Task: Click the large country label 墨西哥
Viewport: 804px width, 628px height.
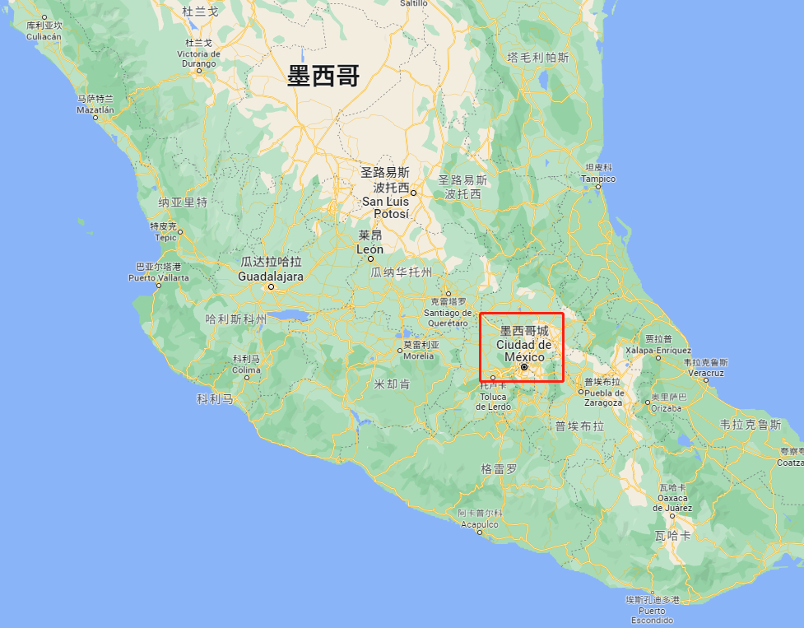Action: coord(323,77)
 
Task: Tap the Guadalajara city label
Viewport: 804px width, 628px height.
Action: coord(271,277)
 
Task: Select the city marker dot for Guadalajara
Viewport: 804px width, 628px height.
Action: coord(270,287)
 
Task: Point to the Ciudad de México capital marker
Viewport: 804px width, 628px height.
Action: coord(523,368)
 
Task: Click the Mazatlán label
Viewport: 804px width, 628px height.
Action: coord(95,109)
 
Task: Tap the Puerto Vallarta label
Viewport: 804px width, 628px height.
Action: coord(158,277)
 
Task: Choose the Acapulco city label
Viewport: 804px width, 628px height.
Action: coord(479,523)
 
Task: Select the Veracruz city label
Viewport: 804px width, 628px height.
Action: coord(705,372)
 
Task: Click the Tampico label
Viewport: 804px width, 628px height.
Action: coord(597,178)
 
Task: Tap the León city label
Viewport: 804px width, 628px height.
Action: coord(369,249)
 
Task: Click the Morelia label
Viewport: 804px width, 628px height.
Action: coord(419,356)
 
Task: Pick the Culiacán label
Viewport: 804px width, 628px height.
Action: coord(44,36)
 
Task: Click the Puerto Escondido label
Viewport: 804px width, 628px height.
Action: coord(652,616)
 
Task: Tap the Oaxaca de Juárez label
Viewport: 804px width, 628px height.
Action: coord(672,503)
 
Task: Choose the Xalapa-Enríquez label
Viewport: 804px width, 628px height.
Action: coord(658,350)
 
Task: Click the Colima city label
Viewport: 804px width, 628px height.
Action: coord(246,370)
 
